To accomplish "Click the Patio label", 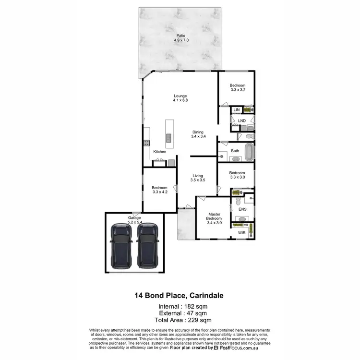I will [x=180, y=36].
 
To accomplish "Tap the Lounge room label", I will [x=180, y=96].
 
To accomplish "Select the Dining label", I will [x=198, y=132].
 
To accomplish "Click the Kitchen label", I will [x=160, y=152].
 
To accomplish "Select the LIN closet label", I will [x=236, y=110].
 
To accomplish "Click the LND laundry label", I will [x=241, y=120].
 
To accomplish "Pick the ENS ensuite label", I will [x=242, y=209].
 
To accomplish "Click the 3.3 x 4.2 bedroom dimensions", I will [x=159, y=192].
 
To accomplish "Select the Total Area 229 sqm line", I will [x=180, y=320].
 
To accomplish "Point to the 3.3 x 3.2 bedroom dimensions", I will [x=238, y=90].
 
